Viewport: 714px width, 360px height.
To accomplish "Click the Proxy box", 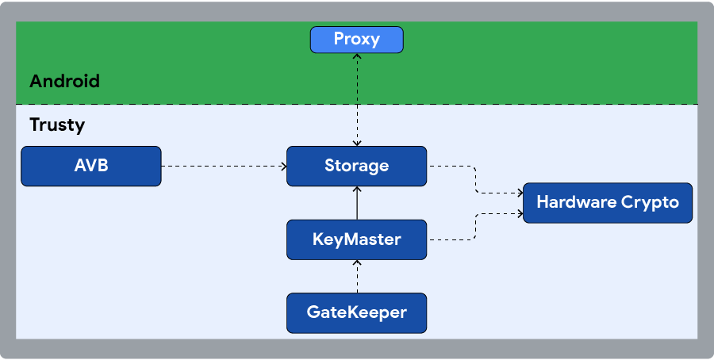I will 356,39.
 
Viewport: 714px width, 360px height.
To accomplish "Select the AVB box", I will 91,166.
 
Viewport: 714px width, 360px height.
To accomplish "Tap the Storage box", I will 356,166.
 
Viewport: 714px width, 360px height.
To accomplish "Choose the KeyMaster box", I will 356,239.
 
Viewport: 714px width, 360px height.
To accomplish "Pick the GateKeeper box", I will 356,312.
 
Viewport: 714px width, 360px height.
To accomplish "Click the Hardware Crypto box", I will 607,202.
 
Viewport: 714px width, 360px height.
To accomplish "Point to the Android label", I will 64,81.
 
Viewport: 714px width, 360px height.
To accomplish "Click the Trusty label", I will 56,124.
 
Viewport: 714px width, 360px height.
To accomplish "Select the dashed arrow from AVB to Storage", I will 222,167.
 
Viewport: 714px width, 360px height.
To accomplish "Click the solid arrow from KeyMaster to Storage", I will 357,204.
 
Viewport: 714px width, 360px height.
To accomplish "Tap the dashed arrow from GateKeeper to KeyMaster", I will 357,277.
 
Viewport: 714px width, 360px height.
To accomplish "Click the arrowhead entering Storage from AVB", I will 282,167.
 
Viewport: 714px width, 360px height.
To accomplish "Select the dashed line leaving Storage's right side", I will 452,167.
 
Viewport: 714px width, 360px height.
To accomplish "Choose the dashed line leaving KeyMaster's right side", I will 452,239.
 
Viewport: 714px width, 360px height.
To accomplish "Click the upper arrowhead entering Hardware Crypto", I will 519,192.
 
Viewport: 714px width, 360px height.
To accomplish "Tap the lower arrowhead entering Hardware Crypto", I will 519,213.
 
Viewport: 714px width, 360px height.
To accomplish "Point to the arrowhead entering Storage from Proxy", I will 357,143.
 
